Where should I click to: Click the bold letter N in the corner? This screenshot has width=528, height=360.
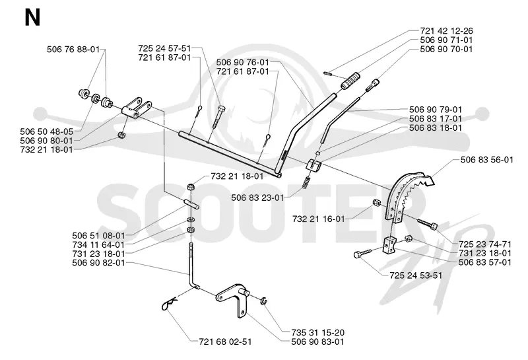[32, 18]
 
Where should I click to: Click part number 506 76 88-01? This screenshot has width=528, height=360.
[73, 50]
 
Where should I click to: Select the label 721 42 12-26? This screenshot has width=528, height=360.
[447, 30]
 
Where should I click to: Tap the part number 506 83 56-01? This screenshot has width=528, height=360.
[487, 159]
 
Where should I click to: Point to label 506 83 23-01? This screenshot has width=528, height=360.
[257, 198]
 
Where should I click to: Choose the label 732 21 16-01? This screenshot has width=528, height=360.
[319, 219]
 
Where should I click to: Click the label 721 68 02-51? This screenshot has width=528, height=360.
[225, 342]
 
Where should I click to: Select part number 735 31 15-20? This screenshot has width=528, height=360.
[318, 332]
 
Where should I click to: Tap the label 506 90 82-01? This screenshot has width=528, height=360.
[98, 263]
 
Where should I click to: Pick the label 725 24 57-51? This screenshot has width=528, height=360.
[164, 48]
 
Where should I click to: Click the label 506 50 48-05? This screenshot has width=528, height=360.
[46, 131]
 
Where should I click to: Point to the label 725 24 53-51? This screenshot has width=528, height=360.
[416, 275]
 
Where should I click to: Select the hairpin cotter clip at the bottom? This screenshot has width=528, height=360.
[170, 304]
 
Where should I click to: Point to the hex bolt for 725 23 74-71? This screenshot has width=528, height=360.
[428, 223]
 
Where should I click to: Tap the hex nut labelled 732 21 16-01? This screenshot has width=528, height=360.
[376, 202]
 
